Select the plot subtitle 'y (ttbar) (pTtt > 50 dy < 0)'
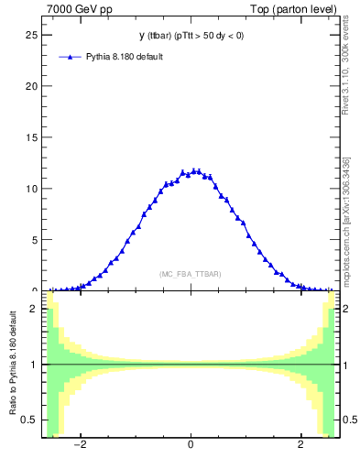[191, 36]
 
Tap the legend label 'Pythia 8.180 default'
[125, 57]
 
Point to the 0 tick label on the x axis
[191, 445]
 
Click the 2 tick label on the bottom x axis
[300, 445]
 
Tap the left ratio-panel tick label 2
[34, 310]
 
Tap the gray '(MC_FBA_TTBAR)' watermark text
[190, 274]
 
